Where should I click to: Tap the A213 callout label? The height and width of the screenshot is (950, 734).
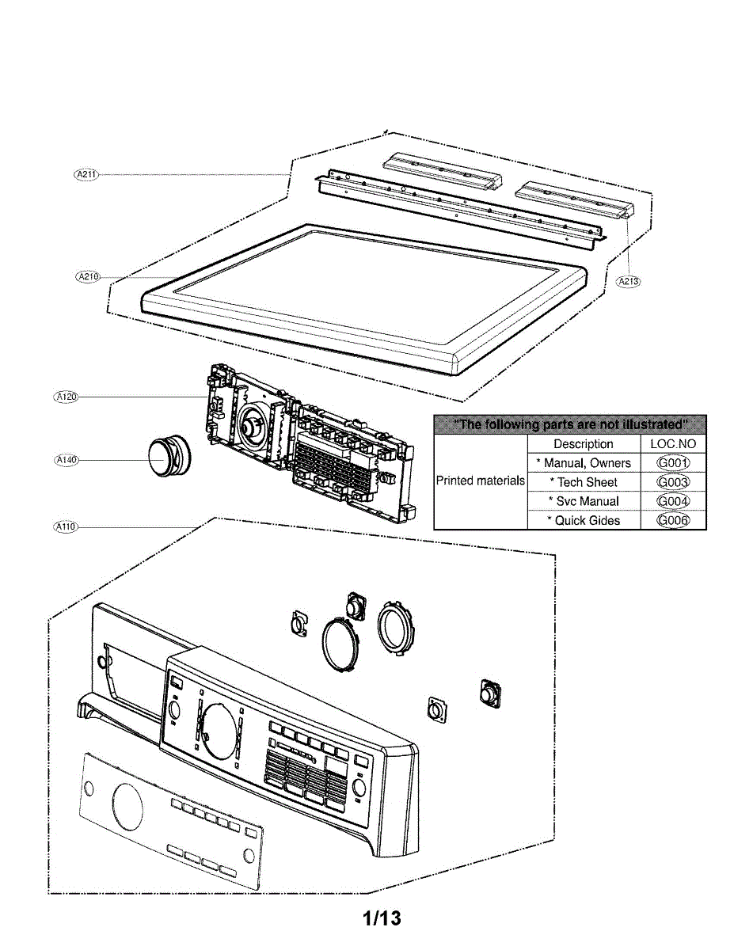click(629, 281)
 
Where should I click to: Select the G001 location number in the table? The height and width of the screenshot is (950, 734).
click(673, 463)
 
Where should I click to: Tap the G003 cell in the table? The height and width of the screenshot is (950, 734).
click(673, 482)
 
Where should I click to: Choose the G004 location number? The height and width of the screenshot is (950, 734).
click(673, 501)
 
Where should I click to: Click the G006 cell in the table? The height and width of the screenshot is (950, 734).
click(673, 520)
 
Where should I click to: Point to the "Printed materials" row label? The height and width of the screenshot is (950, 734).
click(481, 481)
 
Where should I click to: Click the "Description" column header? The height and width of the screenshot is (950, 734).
click(584, 444)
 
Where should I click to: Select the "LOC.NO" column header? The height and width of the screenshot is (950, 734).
click(673, 444)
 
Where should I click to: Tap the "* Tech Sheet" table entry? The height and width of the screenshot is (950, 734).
click(584, 482)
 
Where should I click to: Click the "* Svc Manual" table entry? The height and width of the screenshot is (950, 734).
click(584, 501)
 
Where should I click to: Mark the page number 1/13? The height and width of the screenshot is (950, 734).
click(382, 918)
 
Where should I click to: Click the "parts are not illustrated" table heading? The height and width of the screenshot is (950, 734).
click(570, 425)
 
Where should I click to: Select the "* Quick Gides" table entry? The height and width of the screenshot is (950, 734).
click(584, 520)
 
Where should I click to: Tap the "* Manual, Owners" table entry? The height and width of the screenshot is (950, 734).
click(584, 463)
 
